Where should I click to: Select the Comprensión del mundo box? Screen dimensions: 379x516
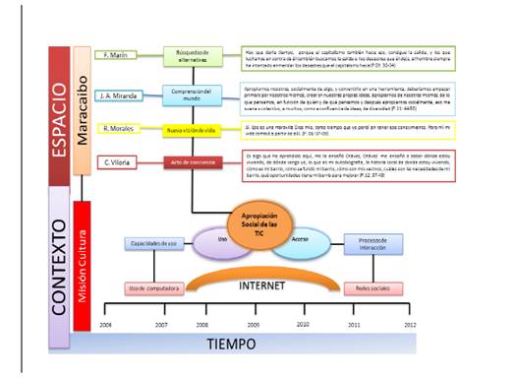point(193,95)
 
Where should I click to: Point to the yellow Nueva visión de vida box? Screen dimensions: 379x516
point(193,129)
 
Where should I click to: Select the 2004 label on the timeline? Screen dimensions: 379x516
point(104,322)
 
